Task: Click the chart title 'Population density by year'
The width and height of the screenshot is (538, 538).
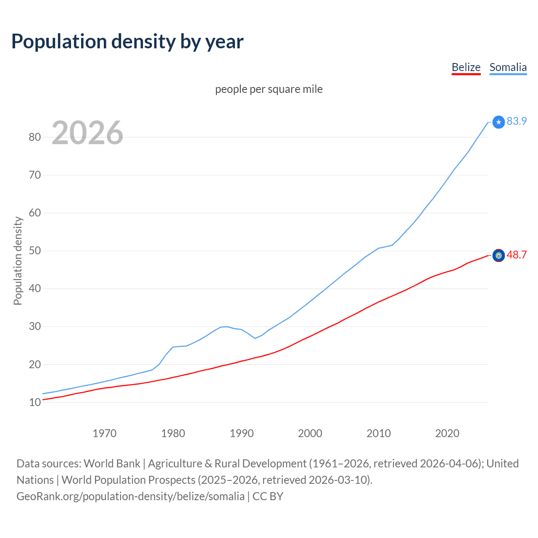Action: click(x=127, y=41)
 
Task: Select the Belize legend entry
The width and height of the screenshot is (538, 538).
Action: click(x=466, y=67)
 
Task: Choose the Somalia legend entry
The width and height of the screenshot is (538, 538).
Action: click(x=508, y=67)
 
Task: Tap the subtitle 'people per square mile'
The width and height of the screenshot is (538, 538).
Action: click(x=269, y=89)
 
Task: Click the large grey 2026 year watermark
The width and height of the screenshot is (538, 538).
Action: click(x=87, y=133)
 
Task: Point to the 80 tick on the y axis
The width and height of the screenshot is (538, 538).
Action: click(x=35, y=137)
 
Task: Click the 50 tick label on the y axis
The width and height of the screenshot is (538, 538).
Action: click(x=35, y=251)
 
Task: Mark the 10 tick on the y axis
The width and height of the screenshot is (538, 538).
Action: click(x=35, y=402)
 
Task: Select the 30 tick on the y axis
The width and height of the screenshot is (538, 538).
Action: click(x=35, y=327)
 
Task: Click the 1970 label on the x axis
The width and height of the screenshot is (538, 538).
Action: click(x=104, y=433)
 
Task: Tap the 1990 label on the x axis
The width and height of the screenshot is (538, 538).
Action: click(x=242, y=433)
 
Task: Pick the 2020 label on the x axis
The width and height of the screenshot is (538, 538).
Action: click(x=447, y=433)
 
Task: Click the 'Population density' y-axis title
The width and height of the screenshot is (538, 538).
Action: click(x=18, y=261)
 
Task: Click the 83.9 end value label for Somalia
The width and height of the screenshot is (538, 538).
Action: click(x=517, y=121)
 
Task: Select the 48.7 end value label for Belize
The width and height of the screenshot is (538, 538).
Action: click(x=517, y=255)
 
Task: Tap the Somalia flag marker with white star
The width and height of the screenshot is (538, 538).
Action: click(x=498, y=122)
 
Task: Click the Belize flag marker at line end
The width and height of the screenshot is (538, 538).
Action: click(x=498, y=256)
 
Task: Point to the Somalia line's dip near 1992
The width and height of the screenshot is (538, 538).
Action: click(x=255, y=338)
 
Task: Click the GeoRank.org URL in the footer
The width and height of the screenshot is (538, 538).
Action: click(x=130, y=496)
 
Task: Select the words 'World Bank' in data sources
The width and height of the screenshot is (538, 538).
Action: click(x=112, y=463)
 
